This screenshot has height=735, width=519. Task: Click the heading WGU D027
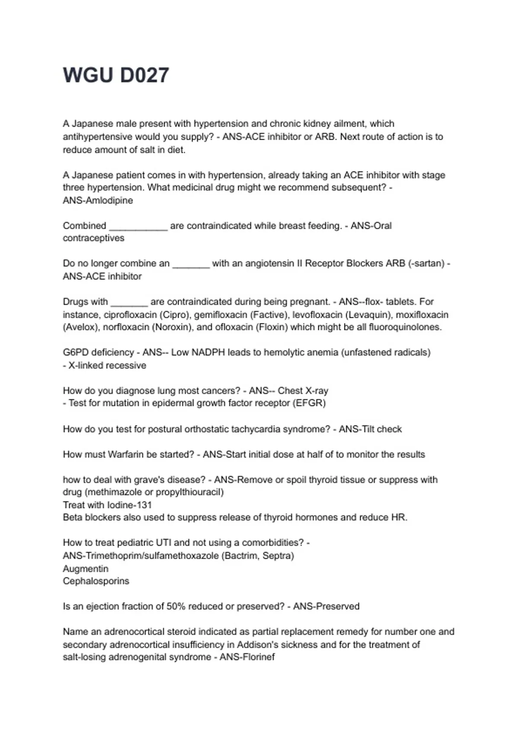coord(116,75)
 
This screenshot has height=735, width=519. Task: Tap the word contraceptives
coord(93,238)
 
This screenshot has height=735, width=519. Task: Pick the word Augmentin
coord(86,569)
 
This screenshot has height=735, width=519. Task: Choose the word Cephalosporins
coord(96,581)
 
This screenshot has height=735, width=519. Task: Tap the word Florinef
coord(258,657)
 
